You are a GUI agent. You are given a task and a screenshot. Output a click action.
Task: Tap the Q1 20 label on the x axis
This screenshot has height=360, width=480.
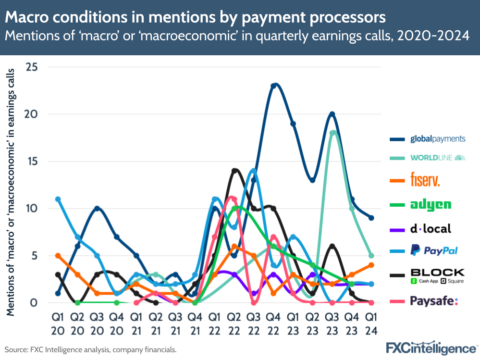58,324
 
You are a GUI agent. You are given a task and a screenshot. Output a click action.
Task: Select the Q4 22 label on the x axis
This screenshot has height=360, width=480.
273,324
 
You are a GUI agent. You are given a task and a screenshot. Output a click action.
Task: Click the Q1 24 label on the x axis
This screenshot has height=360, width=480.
371,324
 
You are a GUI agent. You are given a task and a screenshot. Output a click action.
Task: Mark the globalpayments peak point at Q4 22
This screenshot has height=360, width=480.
273,86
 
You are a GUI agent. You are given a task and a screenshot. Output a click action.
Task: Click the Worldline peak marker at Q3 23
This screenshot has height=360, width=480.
332,133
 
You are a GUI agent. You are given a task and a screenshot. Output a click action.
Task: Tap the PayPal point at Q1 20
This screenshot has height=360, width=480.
58,199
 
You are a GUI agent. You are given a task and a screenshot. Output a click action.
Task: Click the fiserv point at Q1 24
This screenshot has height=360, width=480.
371,265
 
